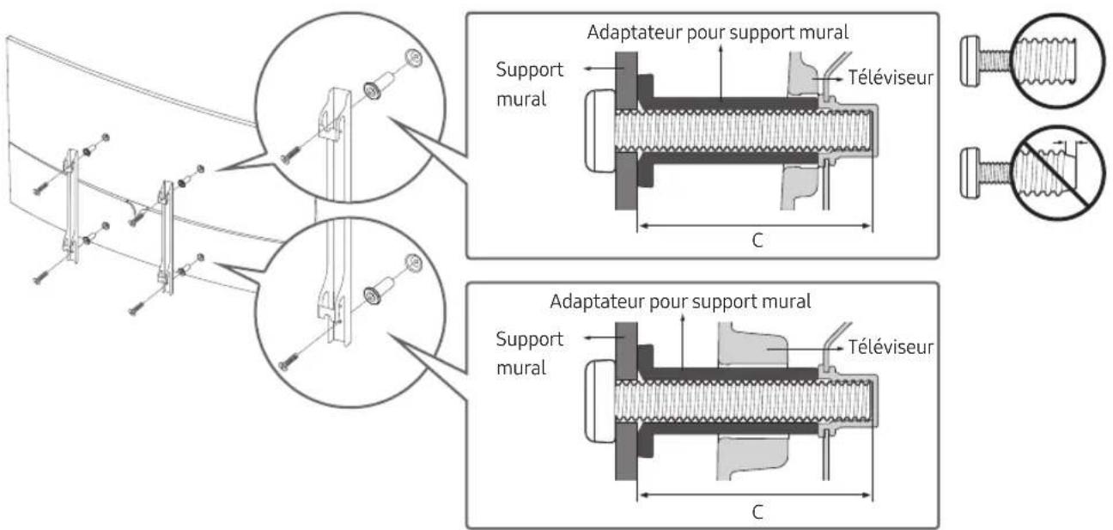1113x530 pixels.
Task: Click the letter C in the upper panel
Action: pos(757,241)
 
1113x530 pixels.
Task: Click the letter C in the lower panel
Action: pos(757,512)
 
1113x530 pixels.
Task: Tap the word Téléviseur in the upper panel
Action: pos(891,77)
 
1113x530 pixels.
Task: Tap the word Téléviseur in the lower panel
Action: pos(891,347)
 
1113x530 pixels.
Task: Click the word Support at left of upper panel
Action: pos(530,70)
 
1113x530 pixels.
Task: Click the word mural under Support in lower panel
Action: pos(521,368)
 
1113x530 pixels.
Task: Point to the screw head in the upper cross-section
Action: pos(600,131)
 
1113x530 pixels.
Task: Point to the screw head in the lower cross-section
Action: pos(600,401)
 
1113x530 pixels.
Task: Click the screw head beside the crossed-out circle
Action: pos(970,173)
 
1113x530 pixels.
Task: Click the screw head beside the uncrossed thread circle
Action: pos(970,61)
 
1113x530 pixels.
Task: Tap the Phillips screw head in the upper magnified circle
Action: pos(413,58)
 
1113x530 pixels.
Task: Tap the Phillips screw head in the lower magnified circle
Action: pos(413,263)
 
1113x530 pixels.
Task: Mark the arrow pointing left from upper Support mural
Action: pos(599,69)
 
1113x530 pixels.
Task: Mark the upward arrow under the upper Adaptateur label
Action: pos(721,71)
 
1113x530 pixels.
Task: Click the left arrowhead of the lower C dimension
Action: pos(644,495)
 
